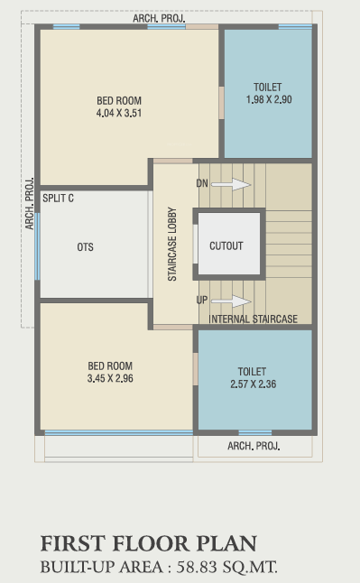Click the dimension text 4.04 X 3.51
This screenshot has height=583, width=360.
pos(119,114)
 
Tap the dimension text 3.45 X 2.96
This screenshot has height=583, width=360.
pos(110,379)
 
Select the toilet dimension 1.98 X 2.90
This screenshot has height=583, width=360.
pos(268,99)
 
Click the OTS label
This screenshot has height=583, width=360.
pos(85,247)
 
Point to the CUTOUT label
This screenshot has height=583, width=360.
pos(226,245)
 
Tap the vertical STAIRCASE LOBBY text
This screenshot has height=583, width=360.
pos(171,245)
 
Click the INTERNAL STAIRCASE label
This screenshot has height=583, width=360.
pos(253,319)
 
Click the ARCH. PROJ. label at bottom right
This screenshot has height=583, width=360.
pos(254,446)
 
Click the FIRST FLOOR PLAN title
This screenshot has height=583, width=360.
pos(148,543)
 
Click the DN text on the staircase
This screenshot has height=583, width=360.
pos(202,184)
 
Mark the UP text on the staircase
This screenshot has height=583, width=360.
pos(202,301)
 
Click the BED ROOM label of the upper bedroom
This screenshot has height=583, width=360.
pos(119,101)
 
